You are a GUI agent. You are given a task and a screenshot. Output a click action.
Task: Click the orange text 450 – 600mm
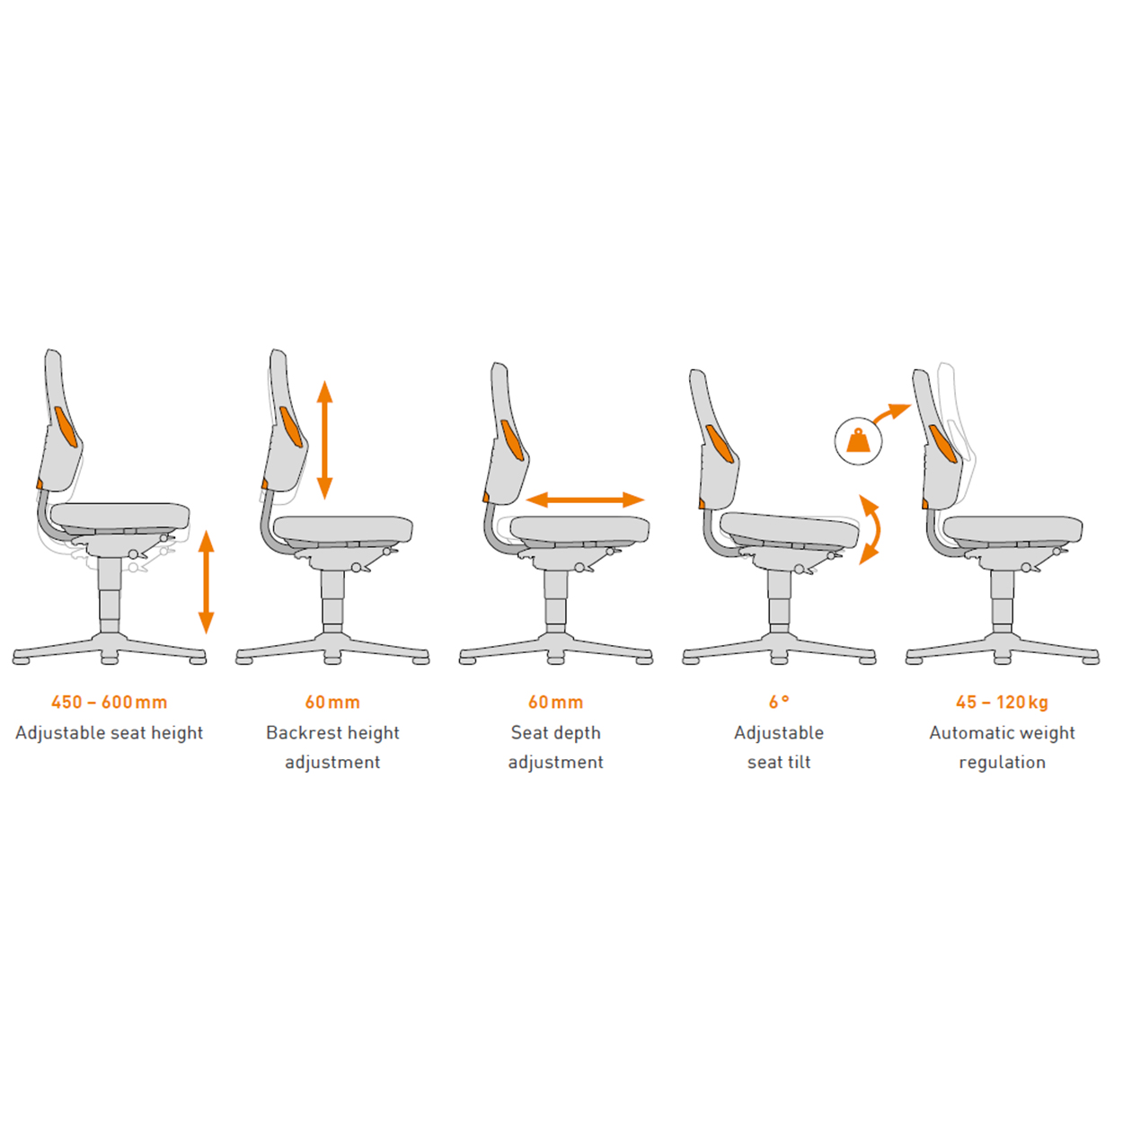tap(109, 703)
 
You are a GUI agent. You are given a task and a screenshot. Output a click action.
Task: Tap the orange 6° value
tap(779, 703)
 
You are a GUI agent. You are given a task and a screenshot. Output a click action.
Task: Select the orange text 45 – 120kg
tap(1002, 703)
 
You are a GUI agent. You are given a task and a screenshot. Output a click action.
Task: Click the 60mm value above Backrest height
tap(332, 703)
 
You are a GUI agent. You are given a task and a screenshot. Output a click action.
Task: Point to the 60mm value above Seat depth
tap(555, 703)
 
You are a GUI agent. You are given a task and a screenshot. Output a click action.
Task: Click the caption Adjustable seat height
tap(109, 732)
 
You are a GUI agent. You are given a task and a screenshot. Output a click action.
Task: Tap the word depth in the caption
tap(577, 734)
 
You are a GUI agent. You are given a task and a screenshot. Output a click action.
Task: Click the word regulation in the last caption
tap(1002, 763)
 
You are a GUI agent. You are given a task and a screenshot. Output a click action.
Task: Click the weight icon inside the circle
tap(859, 441)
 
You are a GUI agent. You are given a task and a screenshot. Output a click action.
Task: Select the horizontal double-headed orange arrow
tap(585, 500)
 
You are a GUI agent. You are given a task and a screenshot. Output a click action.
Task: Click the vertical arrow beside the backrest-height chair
tap(324, 440)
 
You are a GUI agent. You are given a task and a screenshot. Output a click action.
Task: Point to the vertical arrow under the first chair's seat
tap(207, 581)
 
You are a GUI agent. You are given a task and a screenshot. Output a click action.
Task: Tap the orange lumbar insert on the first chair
tap(66, 427)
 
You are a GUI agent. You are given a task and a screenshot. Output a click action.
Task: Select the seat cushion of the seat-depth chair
tap(579, 529)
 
